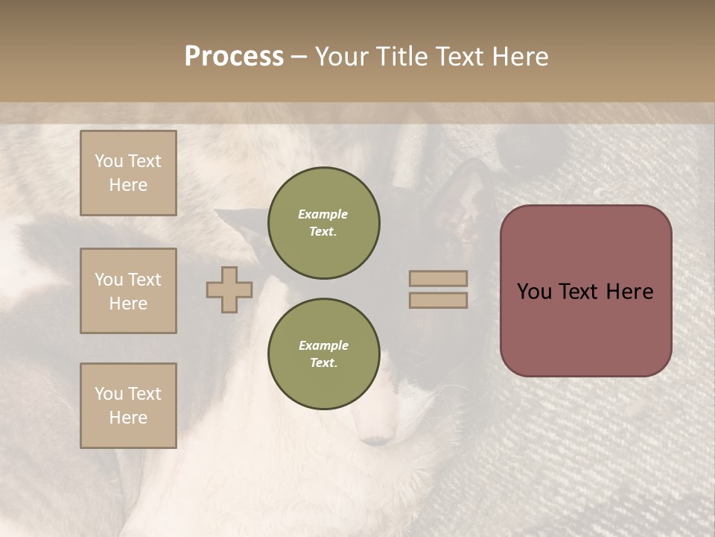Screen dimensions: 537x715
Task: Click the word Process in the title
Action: pyautogui.click(x=234, y=56)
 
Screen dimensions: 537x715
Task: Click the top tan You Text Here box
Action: pyautogui.click(x=128, y=173)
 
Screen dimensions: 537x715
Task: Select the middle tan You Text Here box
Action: pyautogui.click(x=128, y=291)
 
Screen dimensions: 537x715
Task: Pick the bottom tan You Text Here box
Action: pyautogui.click(x=128, y=406)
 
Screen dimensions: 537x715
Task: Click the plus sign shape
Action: pyautogui.click(x=229, y=289)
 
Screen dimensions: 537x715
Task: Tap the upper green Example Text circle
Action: pyautogui.click(x=323, y=223)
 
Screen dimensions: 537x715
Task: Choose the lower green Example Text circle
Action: pyautogui.click(x=323, y=354)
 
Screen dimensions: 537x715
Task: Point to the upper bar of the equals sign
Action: pyautogui.click(x=438, y=278)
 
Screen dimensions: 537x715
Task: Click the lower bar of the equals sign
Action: pyautogui.click(x=438, y=301)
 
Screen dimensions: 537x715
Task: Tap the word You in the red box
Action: pyautogui.click(x=534, y=292)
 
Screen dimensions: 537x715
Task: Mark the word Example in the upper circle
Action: pyautogui.click(x=323, y=214)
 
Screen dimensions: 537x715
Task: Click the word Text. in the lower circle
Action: pyautogui.click(x=323, y=363)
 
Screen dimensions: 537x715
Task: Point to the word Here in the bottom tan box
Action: pyautogui.click(x=128, y=418)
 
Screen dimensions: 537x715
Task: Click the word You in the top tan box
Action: pyautogui.click(x=109, y=161)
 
